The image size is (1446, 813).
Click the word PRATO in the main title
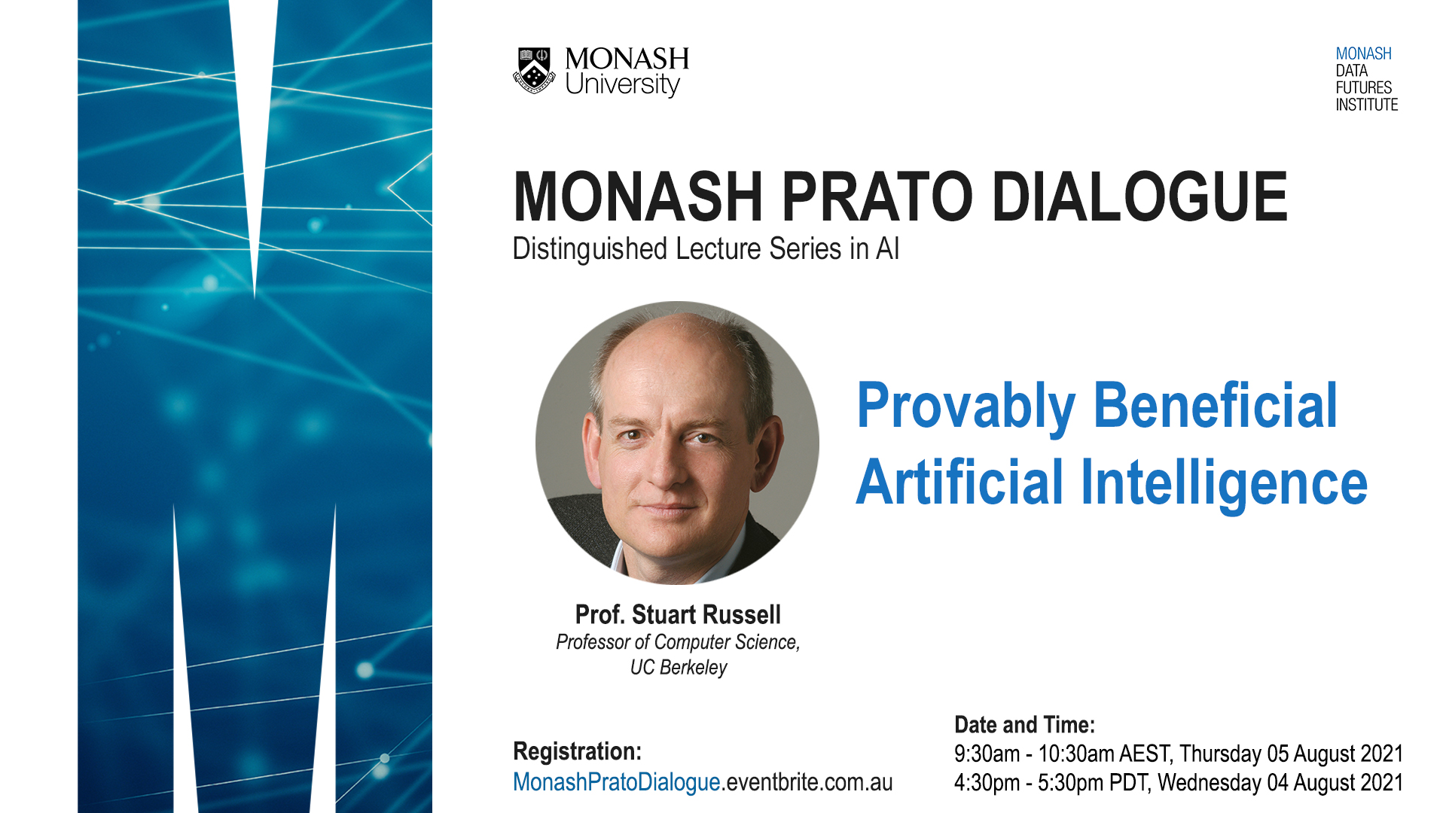[877, 196]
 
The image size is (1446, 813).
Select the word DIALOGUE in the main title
[1140, 196]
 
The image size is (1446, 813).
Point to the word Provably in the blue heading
[966, 406]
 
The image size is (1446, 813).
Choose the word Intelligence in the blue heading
[1224, 483]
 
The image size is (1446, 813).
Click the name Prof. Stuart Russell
[678, 615]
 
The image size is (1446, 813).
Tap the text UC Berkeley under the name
[679, 668]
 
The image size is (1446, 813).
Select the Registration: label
[577, 751]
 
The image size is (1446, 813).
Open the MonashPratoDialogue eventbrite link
[702, 783]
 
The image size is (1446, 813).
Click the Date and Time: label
[1024, 725]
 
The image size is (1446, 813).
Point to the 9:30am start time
[987, 754]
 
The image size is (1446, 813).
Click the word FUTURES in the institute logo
[1363, 87]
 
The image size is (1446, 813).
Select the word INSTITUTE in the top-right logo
[1366, 105]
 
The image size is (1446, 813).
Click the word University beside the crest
[622, 84]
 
